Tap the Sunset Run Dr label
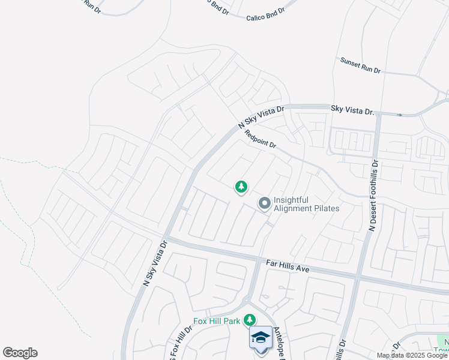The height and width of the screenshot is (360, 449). pyautogui.click(x=360, y=65)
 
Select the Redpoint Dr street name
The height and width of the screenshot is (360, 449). pyautogui.click(x=260, y=140)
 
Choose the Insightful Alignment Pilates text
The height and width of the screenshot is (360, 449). pyautogui.click(x=306, y=204)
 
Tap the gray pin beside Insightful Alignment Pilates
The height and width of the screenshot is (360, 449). pyautogui.click(x=264, y=204)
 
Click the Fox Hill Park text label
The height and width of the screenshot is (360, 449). pyautogui.click(x=216, y=322)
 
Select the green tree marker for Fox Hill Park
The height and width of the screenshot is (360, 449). pyautogui.click(x=250, y=320)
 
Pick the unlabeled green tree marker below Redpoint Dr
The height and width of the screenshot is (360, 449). pyautogui.click(x=241, y=187)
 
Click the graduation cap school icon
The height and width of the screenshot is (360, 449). pyautogui.click(x=261, y=338)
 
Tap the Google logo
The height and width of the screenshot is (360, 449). pyautogui.click(x=20, y=353)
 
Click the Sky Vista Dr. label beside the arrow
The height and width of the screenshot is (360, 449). pyautogui.click(x=352, y=111)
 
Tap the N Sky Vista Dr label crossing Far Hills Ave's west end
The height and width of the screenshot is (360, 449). pyautogui.click(x=154, y=264)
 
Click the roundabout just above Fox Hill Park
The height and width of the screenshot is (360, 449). pyautogui.click(x=246, y=299)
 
